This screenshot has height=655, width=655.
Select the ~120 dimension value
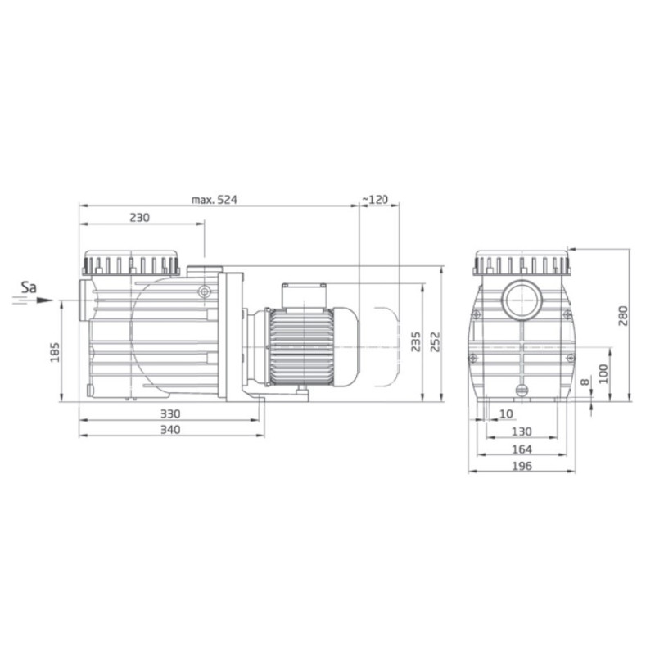tap(375, 199)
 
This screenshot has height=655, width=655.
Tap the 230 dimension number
tap(141, 218)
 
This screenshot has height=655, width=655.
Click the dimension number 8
tap(584, 382)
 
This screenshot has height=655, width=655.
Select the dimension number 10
tap(506, 414)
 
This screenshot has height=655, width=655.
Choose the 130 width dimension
tap(521, 431)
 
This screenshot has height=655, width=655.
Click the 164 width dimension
tap(521, 449)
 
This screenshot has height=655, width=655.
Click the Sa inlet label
tap(29, 287)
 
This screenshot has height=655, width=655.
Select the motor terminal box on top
tap(304, 293)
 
